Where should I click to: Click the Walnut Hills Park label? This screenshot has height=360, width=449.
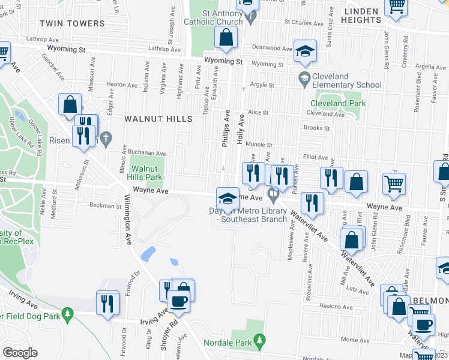[x=147, y=173]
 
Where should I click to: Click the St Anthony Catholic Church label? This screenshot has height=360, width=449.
[x=222, y=17]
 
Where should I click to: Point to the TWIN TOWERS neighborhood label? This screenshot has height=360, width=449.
[x=71, y=23]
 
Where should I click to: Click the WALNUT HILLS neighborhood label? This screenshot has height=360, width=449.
[x=158, y=119]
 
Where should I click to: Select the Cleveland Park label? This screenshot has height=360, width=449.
[x=341, y=103]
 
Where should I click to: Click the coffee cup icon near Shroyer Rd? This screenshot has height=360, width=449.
[x=179, y=301]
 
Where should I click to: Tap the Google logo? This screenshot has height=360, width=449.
[x=20, y=352]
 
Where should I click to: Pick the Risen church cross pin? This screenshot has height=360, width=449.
[x=106, y=139]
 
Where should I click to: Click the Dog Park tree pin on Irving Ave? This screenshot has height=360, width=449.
[x=68, y=313]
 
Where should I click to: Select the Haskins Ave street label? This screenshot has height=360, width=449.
[x=332, y=305]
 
